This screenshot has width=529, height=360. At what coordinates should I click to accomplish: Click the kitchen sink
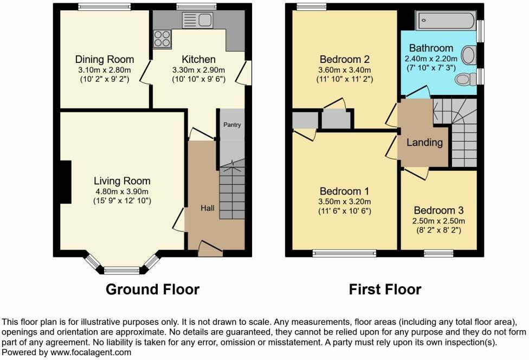tap(197, 20)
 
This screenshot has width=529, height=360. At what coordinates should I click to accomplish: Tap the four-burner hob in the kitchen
tap(162, 39)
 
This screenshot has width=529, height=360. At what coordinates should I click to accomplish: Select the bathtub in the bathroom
tap(446, 21)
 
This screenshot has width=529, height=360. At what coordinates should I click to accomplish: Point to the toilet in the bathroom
tap(465, 80)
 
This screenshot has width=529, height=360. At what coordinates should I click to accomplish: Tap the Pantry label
tap(232, 125)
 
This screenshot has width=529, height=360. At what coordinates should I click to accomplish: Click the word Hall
tap(208, 208)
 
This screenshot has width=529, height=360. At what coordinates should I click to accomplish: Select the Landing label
tap(424, 143)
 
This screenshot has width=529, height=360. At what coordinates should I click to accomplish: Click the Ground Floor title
tap(152, 290)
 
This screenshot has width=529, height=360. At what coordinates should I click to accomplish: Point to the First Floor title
tap(385, 290)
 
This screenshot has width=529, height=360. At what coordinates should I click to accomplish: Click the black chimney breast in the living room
tap(66, 182)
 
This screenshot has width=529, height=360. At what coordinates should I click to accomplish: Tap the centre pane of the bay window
tap(122, 270)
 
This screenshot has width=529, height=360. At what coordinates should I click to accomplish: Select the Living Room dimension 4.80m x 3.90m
tap(122, 191)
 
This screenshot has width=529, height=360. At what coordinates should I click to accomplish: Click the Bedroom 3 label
tap(438, 210)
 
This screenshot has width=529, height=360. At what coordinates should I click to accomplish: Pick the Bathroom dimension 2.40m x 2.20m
tap(431, 59)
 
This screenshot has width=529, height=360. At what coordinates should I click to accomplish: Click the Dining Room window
tap(104, 7)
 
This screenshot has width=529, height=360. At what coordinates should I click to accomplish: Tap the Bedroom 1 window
tap(345, 253)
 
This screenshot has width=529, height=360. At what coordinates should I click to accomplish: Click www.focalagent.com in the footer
tap(91, 352)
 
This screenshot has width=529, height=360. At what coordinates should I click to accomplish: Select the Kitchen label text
tap(198, 60)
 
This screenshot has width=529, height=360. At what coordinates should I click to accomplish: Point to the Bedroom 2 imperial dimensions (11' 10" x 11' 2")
tap(345, 80)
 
